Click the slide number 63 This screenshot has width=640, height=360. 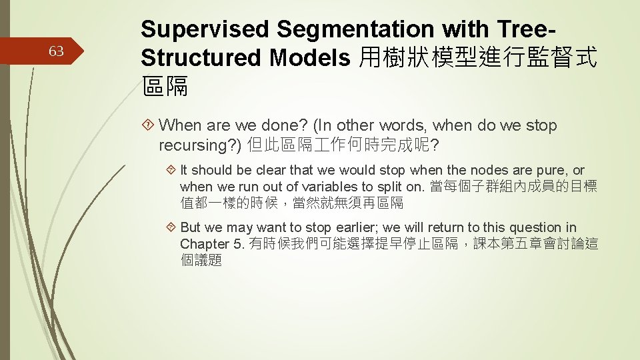coord(57,51)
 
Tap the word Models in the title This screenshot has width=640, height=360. coord(310,58)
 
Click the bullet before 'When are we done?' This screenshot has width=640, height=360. coord(149,125)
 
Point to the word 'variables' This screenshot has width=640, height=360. coord(327,187)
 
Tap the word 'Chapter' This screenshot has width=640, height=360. coord(204,244)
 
